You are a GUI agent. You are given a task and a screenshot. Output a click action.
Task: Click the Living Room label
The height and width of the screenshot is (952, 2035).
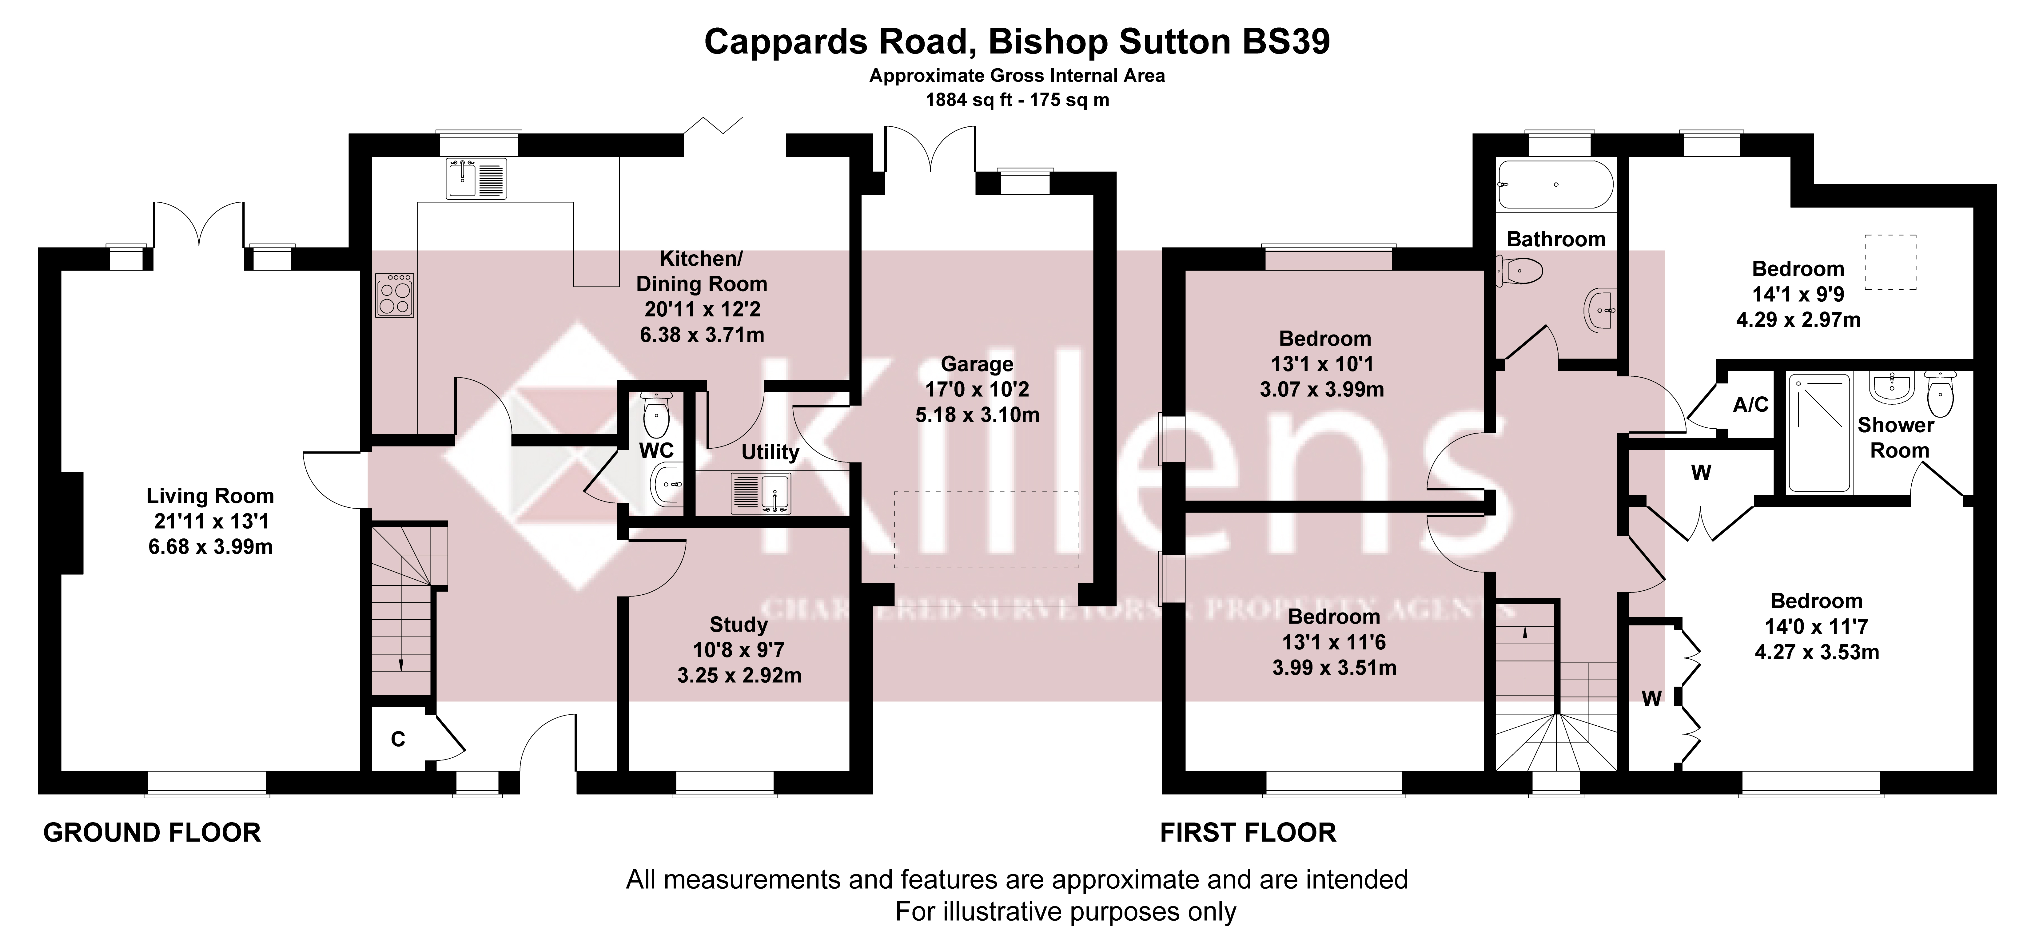pos(210,496)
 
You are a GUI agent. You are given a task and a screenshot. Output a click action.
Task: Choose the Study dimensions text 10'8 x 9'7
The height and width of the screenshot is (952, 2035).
pos(739,650)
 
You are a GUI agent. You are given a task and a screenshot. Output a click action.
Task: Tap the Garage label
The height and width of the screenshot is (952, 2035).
pos(977,364)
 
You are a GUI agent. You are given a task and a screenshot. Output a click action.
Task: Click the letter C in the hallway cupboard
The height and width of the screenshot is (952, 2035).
pos(398,740)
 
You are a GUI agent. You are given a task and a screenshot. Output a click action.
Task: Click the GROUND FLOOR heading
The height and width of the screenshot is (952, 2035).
pos(152,833)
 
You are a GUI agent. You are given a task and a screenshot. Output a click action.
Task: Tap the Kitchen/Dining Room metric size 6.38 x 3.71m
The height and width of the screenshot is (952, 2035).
pos(702,335)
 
